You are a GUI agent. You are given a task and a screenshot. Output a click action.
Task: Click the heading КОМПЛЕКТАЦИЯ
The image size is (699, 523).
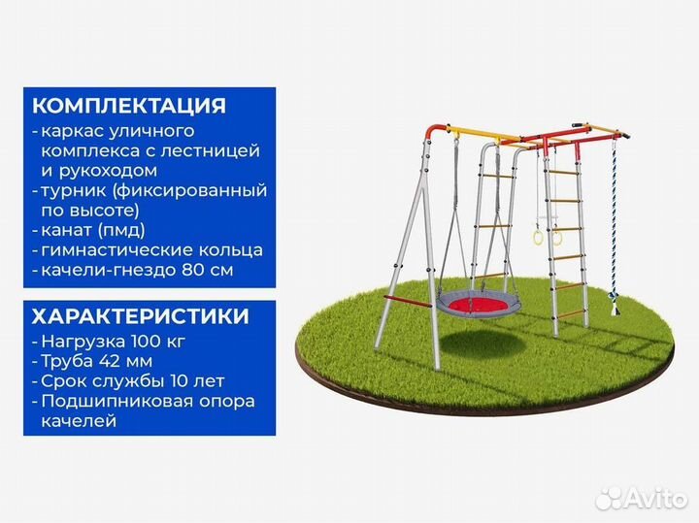pyautogui.click(x=129, y=105)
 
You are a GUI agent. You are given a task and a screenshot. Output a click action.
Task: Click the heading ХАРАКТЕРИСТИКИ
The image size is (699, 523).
pyautogui.click(x=141, y=317)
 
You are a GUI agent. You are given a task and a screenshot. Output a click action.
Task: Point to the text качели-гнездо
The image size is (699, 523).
pyautogui.click(x=100, y=270)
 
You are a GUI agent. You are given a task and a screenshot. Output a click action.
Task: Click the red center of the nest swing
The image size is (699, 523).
pyautogui.click(x=475, y=304)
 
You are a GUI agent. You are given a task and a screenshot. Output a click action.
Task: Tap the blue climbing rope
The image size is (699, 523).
pyautogui.click(x=614, y=223)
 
